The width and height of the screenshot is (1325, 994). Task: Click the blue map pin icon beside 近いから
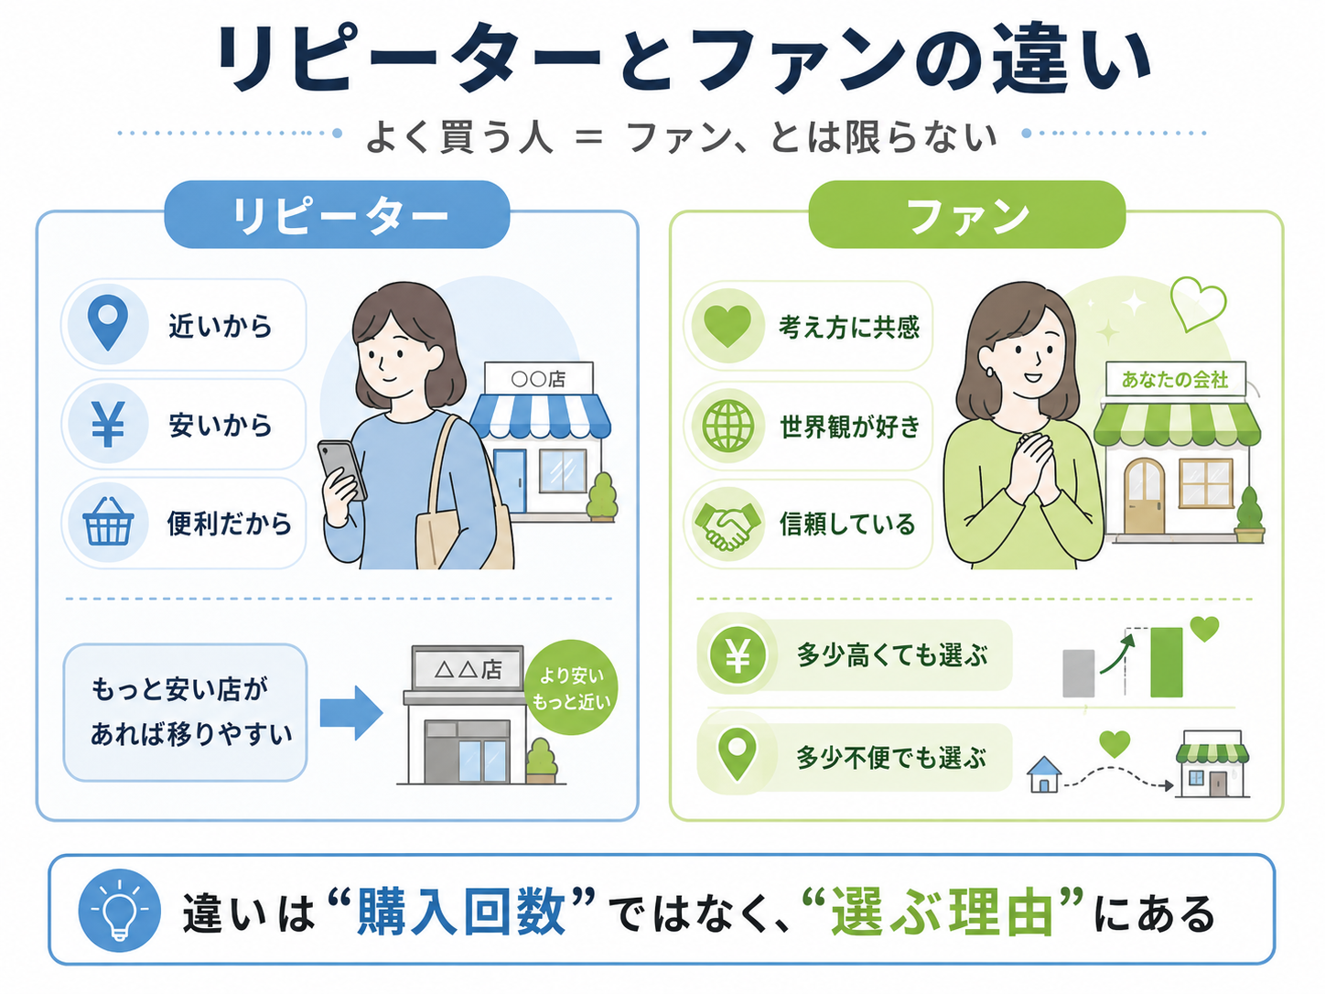coord(107,323)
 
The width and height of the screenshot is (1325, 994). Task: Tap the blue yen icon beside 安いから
coord(108,424)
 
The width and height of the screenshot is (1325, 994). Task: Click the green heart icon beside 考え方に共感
coord(727,326)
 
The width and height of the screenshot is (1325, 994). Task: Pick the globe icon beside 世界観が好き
coord(728,427)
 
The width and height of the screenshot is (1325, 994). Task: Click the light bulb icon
coord(120,911)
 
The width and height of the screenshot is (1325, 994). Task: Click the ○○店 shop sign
coord(538,378)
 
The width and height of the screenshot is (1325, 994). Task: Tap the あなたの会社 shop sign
coord(1175,379)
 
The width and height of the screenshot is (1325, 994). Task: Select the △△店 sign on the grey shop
coord(468,669)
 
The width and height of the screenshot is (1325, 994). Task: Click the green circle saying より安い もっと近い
coord(570,687)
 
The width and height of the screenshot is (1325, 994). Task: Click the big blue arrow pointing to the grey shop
coord(351,713)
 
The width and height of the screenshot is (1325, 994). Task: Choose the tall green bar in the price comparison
coord(1167,662)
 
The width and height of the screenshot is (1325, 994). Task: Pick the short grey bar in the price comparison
coord(1078,674)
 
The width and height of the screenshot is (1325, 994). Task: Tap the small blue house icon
coord(1044,774)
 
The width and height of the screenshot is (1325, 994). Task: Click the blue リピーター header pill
coord(337,214)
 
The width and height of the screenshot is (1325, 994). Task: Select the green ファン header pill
coord(967,214)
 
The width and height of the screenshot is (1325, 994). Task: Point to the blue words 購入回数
coord(461,912)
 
